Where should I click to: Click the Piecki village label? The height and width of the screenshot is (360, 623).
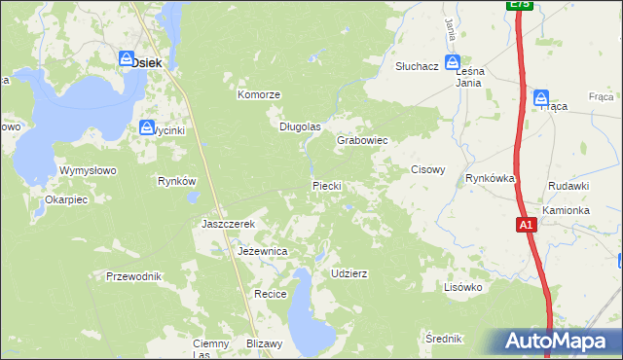pyautogui.click(x=325, y=185)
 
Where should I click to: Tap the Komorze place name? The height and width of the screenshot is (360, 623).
pyautogui.click(x=259, y=94)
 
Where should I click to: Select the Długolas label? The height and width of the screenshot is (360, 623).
pyautogui.click(x=300, y=126)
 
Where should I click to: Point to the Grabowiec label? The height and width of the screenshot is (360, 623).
pyautogui.click(x=362, y=140)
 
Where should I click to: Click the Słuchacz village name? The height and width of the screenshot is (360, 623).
pyautogui.click(x=417, y=66)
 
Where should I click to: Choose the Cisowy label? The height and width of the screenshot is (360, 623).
pyautogui.click(x=427, y=169)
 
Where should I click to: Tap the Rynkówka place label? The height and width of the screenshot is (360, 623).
pyautogui.click(x=489, y=178)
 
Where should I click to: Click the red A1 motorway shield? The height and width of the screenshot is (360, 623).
pyautogui.click(x=526, y=226)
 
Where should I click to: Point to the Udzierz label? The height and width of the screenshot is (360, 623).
pyautogui.click(x=349, y=273)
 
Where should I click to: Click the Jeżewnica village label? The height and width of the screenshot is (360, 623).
pyautogui.click(x=262, y=251)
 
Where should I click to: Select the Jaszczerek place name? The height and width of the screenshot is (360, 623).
pyautogui.click(x=228, y=224)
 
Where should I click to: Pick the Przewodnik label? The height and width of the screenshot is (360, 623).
pyautogui.click(x=133, y=276)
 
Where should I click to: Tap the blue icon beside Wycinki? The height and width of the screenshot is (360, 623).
pyautogui.click(x=147, y=127)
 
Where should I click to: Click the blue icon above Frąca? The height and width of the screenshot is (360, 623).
pyautogui.click(x=541, y=96)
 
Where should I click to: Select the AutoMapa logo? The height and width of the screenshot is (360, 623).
pyautogui.click(x=556, y=341)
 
